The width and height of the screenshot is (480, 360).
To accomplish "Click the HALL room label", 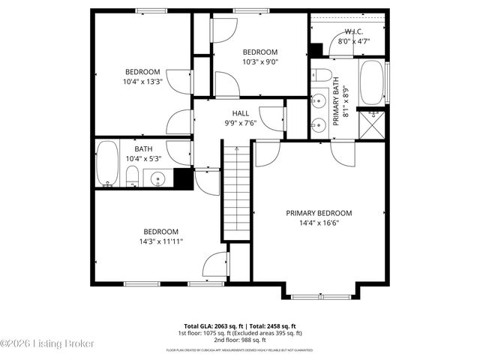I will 241,113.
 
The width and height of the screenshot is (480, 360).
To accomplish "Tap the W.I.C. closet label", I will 354,31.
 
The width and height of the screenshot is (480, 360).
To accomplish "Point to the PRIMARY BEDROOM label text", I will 319,213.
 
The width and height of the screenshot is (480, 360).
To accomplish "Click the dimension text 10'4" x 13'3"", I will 142,82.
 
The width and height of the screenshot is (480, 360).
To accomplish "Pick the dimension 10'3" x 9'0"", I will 260,62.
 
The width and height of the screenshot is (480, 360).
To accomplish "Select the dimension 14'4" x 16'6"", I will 319,223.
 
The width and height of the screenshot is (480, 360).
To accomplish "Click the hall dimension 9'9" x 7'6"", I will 241,123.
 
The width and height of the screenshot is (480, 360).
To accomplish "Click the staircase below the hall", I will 236,191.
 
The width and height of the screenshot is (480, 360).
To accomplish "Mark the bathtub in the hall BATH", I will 106,165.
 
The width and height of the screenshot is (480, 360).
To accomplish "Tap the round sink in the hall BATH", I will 157,178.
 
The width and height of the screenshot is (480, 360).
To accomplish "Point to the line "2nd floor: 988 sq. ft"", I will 239,340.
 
